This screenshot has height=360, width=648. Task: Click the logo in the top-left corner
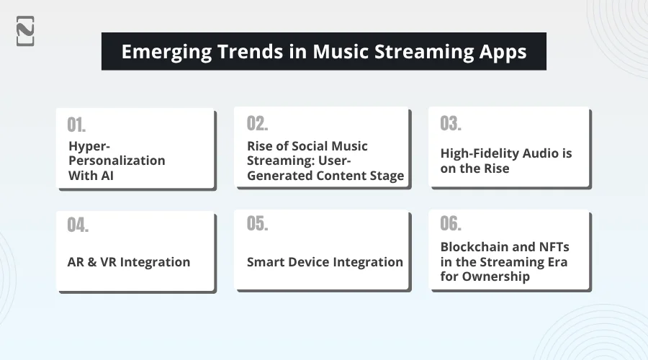25,30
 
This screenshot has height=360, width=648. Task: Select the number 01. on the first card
77,125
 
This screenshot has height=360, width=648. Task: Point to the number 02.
257,123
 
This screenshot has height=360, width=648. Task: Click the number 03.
451,123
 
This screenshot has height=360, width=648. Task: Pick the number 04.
78,225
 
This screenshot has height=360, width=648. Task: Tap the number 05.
257,223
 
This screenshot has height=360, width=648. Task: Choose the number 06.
451,223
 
